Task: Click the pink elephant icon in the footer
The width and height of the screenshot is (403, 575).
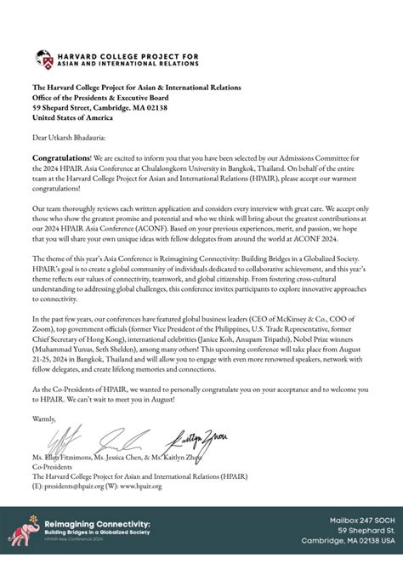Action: pyautogui.click(x=22, y=537)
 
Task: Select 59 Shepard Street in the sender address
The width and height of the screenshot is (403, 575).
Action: pyautogui.click(x=66, y=107)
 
